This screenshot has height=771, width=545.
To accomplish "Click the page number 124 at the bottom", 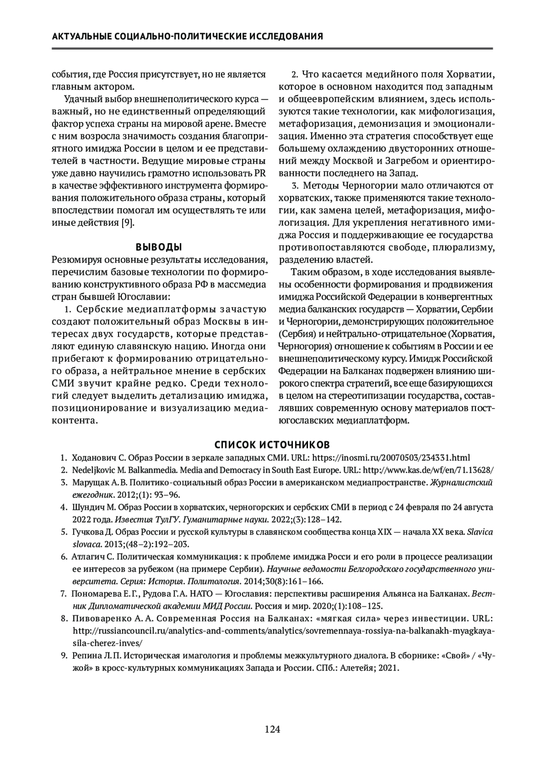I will (272, 730).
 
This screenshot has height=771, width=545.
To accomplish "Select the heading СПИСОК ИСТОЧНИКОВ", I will (272, 444).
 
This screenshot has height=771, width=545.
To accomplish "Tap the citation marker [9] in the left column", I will (127, 223).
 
